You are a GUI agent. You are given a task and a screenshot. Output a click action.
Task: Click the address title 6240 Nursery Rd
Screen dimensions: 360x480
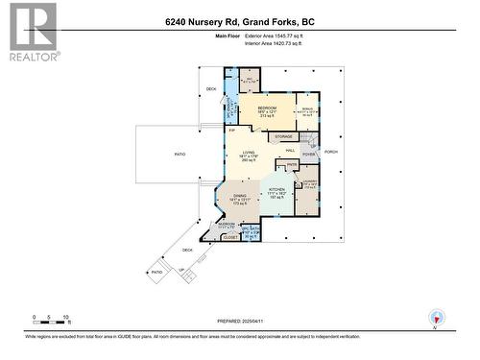tap(240, 19)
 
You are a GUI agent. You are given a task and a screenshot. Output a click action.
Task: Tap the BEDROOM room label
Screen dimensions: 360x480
tap(266, 108)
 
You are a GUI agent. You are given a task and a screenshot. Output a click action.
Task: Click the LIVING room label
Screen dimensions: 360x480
tap(249, 153)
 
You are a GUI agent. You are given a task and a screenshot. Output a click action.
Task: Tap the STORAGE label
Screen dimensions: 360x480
tap(283, 137)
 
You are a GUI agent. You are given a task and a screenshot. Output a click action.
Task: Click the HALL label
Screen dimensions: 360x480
tap(289, 151)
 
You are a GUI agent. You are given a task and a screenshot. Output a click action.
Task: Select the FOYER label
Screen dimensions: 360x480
tap(309, 154)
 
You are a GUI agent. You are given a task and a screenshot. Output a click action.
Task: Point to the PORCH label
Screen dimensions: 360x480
tap(332, 152)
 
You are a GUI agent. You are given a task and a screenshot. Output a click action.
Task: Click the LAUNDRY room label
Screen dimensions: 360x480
tap(309, 182)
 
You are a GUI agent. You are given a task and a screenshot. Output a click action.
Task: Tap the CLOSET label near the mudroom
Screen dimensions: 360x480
tap(229, 235)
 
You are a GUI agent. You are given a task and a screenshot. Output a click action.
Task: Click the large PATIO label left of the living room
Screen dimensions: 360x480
tap(179, 154)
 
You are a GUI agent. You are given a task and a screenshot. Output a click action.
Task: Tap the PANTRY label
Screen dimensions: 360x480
tap(292, 165)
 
